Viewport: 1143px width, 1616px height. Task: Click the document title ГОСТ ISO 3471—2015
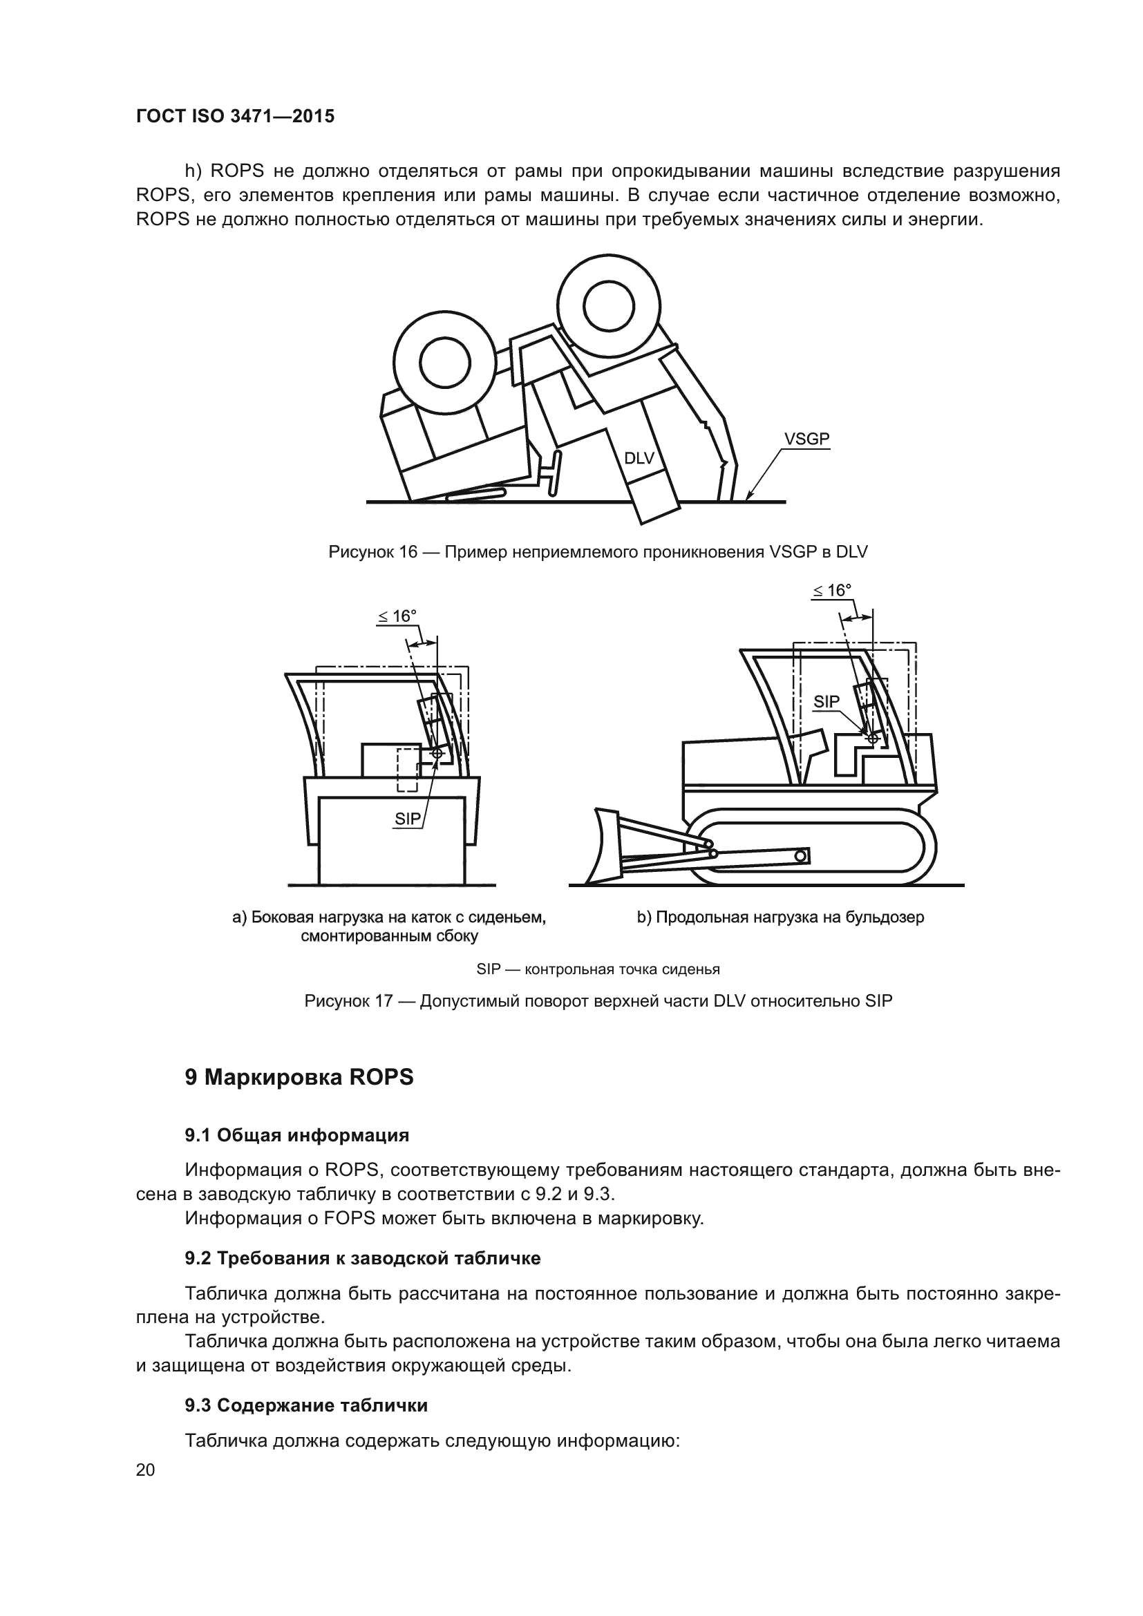click(235, 116)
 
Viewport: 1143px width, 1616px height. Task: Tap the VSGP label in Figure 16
click(806, 439)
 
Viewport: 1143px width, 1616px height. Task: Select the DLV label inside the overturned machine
click(639, 458)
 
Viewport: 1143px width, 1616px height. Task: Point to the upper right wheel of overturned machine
click(609, 307)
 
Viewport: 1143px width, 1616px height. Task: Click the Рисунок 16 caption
click(598, 552)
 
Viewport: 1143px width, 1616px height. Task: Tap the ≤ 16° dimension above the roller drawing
click(397, 616)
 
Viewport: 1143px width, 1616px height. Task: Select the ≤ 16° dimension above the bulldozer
click(831, 591)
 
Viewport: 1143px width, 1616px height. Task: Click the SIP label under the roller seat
click(407, 819)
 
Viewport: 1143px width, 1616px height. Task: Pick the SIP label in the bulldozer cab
click(826, 702)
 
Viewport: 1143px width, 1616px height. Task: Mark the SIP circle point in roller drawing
click(437, 753)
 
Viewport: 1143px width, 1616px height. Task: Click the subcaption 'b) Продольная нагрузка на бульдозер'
click(780, 917)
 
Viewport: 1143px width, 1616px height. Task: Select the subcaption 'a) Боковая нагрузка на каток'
click(389, 918)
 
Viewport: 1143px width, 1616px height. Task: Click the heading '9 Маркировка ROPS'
click(299, 1078)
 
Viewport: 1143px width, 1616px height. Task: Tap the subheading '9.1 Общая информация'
click(296, 1135)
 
